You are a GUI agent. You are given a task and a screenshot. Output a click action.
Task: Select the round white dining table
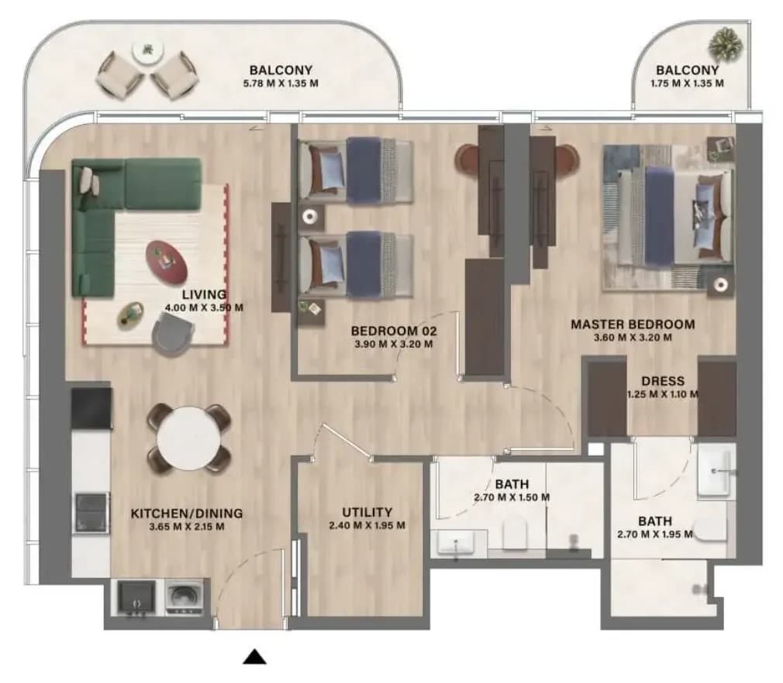tap(188, 438)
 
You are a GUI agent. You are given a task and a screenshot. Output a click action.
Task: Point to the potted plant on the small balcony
tap(725, 45)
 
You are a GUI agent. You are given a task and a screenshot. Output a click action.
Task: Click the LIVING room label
tap(204, 294)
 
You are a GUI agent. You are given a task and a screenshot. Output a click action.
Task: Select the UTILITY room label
tap(367, 513)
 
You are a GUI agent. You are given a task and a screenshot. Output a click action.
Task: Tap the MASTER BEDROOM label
tap(633, 324)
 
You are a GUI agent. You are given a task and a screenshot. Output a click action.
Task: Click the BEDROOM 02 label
tap(394, 331)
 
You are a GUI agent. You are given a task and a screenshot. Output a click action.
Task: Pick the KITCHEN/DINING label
tap(187, 513)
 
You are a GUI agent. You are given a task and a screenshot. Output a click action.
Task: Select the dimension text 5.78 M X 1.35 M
tap(281, 84)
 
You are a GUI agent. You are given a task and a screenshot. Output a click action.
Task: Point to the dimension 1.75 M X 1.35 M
tap(687, 84)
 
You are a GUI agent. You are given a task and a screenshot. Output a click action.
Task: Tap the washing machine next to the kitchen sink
tap(184, 597)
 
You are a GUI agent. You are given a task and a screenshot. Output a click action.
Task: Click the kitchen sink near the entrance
tap(136, 597)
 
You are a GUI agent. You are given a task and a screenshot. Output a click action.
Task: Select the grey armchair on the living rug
tap(173, 337)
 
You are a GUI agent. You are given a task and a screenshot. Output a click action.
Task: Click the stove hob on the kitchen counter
tap(92, 513)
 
